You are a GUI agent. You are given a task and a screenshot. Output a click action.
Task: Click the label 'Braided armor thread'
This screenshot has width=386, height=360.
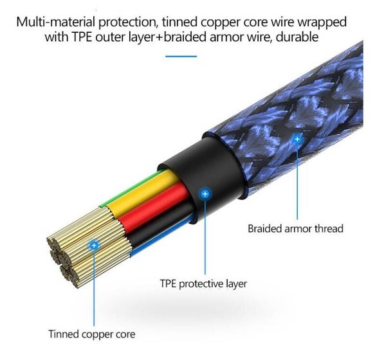(295, 228)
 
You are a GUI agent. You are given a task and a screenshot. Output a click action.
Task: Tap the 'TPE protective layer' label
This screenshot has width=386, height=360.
(203, 283)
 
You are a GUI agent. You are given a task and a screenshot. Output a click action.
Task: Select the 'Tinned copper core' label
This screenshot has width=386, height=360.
(91, 334)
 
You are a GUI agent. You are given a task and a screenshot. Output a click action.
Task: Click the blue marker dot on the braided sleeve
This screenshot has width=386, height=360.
(297, 138)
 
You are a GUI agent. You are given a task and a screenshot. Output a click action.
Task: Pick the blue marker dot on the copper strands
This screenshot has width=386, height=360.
(95, 245)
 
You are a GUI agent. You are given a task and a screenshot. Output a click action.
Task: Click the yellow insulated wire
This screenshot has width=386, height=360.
(138, 193)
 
